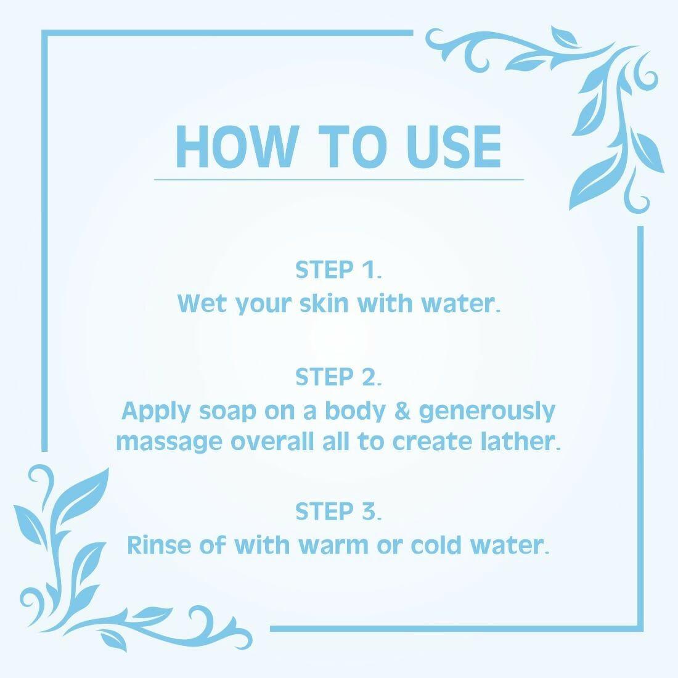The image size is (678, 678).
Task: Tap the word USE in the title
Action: (454, 147)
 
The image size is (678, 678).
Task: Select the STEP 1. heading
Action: (338, 270)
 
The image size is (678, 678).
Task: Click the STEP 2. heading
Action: (338, 377)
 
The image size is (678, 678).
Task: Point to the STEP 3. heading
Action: (338, 512)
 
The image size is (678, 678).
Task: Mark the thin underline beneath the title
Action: (338, 179)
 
